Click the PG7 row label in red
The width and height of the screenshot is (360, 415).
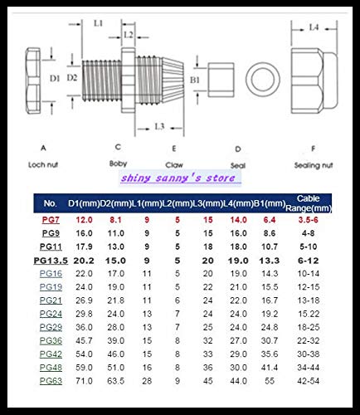pyautogui.click(x=50, y=220)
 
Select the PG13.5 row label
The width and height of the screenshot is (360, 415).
pyautogui.click(x=50, y=260)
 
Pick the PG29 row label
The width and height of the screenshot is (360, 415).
pyautogui.click(x=50, y=327)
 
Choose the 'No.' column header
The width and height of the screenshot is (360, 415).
pyautogui.click(x=50, y=203)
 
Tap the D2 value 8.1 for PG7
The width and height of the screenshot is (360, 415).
pyautogui.click(x=115, y=220)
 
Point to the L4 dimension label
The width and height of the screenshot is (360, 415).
pyautogui.click(x=314, y=27)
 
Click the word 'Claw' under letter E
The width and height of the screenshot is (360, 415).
pyautogui.click(x=173, y=164)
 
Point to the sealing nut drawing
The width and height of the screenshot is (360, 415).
pyautogui.click(x=314, y=80)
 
